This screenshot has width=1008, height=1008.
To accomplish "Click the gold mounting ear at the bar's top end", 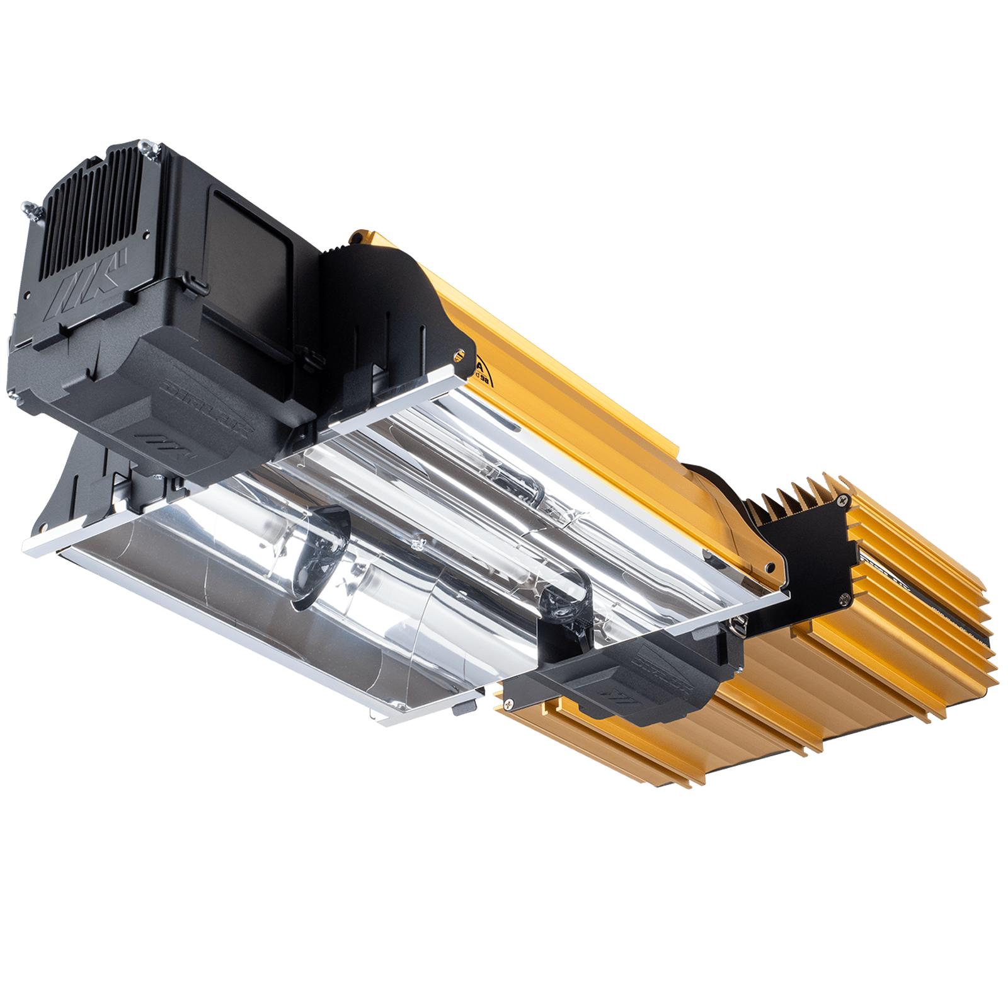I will (x=359, y=238).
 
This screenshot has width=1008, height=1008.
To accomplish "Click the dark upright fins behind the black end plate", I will (x=787, y=498).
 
